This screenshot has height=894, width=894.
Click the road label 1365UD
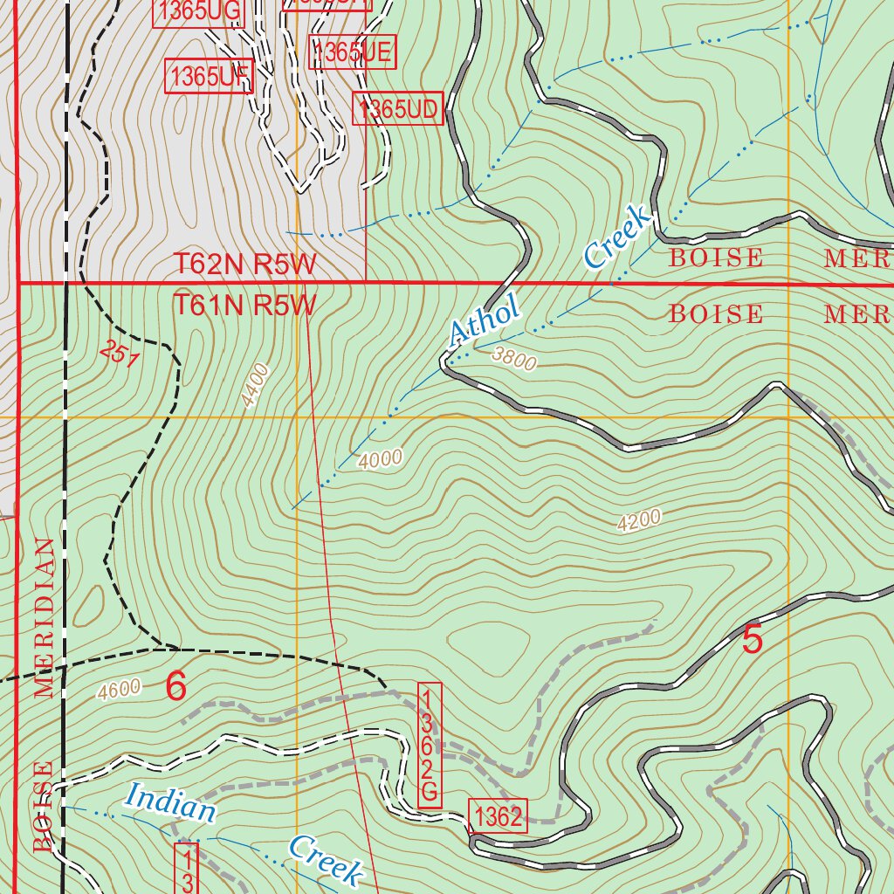pyautogui.click(x=398, y=109)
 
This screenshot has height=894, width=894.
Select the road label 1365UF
pyautogui.click(x=209, y=77)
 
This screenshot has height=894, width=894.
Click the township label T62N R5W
pyautogui.click(x=244, y=265)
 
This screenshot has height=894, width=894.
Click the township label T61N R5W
pyautogui.click(x=244, y=306)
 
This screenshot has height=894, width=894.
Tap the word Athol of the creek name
pyautogui.click(x=484, y=320)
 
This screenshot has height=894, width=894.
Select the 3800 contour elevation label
pyautogui.click(x=513, y=356)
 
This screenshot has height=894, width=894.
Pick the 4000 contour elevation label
pyautogui.click(x=380, y=457)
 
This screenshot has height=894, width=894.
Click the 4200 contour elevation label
pyautogui.click(x=638, y=520)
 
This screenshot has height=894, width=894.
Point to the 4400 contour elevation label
pyautogui.click(x=257, y=385)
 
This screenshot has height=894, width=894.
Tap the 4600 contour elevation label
pyautogui.click(x=120, y=690)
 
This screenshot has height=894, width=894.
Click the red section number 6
pyautogui.click(x=175, y=687)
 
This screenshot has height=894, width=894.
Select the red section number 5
pyautogui.click(x=752, y=640)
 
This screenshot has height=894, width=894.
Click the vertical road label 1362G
pyautogui.click(x=430, y=745)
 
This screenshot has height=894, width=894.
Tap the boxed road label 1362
pyautogui.click(x=498, y=817)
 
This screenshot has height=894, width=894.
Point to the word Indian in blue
pyautogui.click(x=169, y=802)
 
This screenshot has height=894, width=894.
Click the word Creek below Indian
pyautogui.click(x=325, y=859)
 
